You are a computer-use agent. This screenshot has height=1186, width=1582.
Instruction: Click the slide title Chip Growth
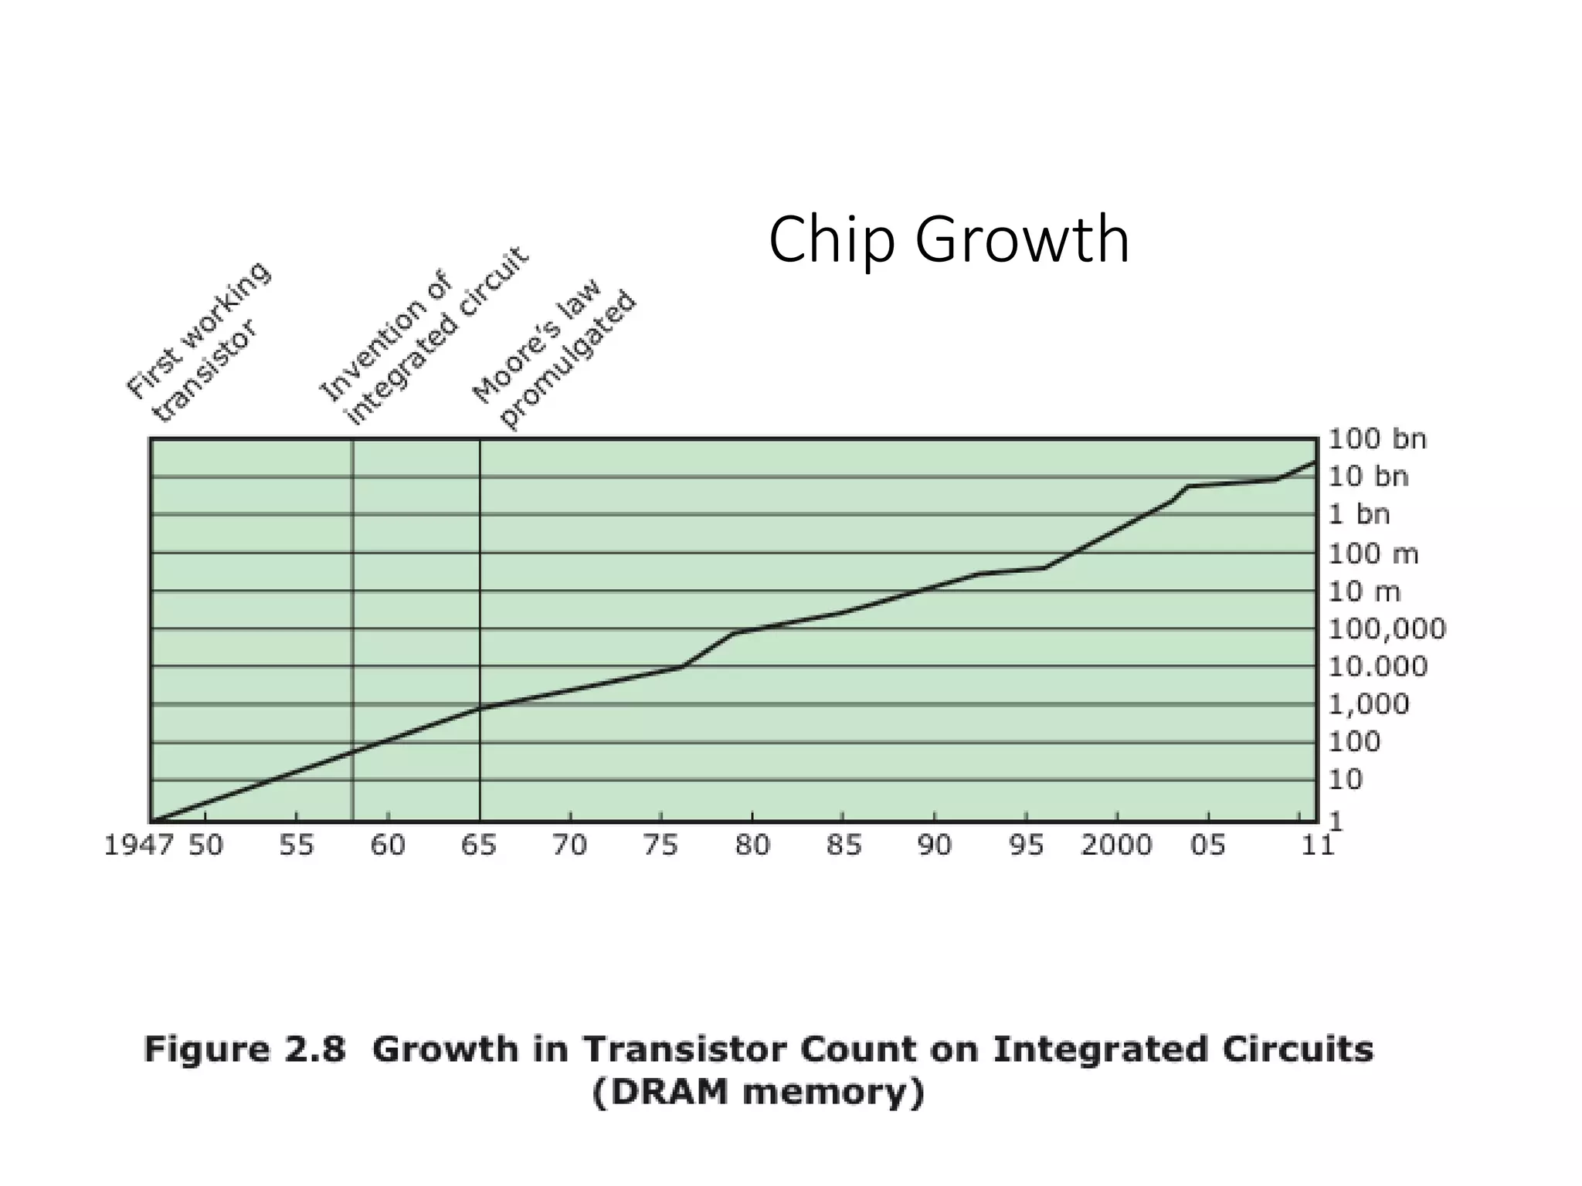click(949, 240)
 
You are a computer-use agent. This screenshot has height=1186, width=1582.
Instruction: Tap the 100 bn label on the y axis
click(1377, 439)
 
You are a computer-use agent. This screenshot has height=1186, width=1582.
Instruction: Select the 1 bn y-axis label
click(1359, 514)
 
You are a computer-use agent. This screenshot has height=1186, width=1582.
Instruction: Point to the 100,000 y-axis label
click(1387, 629)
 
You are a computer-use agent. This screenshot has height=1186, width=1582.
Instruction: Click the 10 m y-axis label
click(1363, 591)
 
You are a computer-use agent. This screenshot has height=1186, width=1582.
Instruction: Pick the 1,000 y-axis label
click(1368, 704)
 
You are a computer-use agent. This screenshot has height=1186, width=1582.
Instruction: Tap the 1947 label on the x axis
click(139, 845)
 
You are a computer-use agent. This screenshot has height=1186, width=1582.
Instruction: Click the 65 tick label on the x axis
click(479, 845)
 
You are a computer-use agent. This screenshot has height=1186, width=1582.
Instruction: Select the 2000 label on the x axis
click(1116, 845)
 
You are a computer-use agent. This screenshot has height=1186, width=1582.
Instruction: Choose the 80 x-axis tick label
click(752, 845)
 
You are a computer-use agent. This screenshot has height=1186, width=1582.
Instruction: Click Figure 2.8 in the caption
click(244, 1051)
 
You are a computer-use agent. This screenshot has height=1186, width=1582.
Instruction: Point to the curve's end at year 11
click(1314, 463)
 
